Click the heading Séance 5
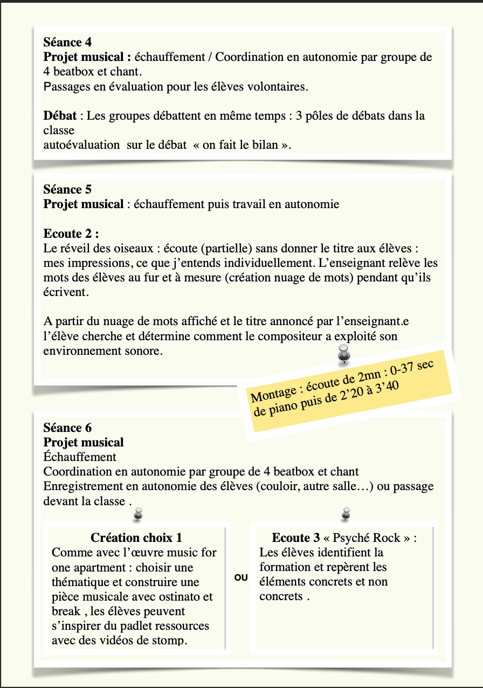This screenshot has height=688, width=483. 67,189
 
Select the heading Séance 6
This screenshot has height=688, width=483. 67,428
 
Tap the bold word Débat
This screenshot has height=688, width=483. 59,115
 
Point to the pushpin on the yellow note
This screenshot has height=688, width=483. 343,354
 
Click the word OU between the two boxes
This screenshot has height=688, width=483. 241,577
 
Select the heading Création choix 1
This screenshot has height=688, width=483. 136,538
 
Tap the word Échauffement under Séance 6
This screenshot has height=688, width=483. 80,457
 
